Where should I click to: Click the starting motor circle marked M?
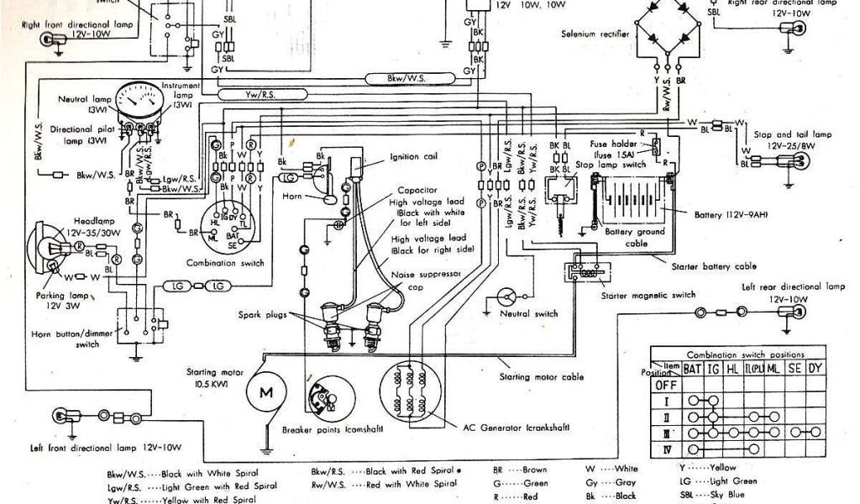pos(265,391)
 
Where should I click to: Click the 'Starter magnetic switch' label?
pos(648,296)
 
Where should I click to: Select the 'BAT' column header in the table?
pos(692,368)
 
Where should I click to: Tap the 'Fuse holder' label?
pos(604,143)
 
